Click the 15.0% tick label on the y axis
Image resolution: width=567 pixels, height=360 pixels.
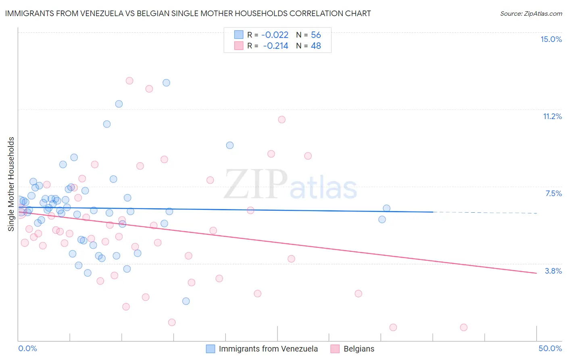click(551, 39)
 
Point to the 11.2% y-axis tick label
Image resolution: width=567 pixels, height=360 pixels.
click(552, 116)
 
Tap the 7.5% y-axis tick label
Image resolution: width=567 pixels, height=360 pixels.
click(553, 193)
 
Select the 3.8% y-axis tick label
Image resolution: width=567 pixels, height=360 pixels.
click(553, 271)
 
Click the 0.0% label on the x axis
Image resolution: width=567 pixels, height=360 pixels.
click(27, 348)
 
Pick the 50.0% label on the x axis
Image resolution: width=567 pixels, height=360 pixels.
click(550, 348)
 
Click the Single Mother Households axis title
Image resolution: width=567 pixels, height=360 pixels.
click(11, 184)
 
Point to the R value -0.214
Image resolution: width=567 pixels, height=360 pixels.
click(276, 46)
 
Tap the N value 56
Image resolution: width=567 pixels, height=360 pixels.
click(316, 35)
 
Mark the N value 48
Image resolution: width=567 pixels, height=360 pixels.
click(316, 46)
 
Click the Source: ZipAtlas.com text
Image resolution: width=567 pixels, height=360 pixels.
click(531, 14)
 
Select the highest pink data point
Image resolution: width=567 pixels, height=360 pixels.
click(129, 81)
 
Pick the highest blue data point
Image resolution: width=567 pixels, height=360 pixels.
click(166, 83)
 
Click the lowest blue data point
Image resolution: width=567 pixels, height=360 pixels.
click(186, 301)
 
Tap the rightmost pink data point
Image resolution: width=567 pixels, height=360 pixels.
click(464, 327)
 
